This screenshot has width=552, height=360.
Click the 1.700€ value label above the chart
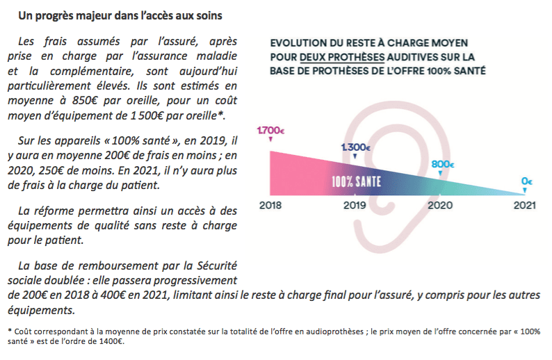(x=270, y=130)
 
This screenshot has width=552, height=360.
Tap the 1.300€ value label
(x=355, y=147)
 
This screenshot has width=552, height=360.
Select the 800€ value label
(x=441, y=165)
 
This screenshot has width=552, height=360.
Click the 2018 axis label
(x=270, y=206)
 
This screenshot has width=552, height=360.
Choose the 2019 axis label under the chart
(x=355, y=206)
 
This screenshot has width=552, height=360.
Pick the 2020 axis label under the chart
(x=441, y=206)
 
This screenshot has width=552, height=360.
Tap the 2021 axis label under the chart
(x=526, y=206)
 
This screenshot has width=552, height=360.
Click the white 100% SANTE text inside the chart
(x=355, y=183)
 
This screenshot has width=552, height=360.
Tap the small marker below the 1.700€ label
(x=270, y=140)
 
